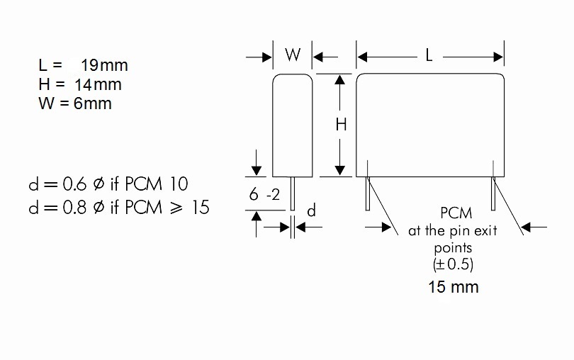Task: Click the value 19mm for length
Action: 104,66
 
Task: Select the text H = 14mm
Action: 80,85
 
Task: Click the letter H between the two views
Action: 341,125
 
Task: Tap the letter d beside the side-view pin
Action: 310,210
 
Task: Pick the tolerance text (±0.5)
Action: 453,264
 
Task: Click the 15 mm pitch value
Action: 453,287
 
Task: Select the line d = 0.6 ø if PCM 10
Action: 108,184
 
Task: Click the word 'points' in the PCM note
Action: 453,248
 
